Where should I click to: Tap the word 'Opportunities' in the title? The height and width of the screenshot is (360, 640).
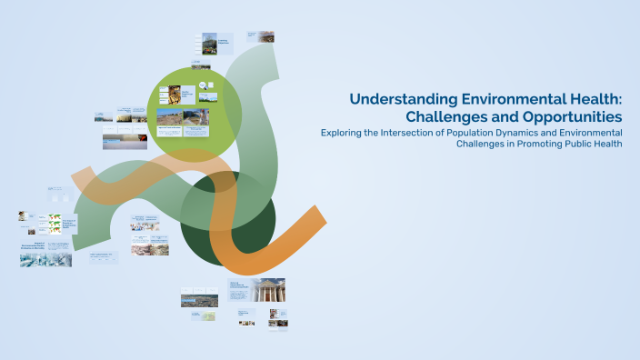(x=570, y=117)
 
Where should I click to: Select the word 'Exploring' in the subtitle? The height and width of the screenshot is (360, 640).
(x=345, y=133)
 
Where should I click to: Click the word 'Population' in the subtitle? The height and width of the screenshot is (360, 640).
(x=482, y=133)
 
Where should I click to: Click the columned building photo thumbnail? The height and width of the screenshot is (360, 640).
(x=268, y=291)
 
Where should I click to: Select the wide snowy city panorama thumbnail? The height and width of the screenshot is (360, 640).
(x=45, y=260)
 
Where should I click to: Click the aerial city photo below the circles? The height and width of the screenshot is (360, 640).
(x=199, y=300)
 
